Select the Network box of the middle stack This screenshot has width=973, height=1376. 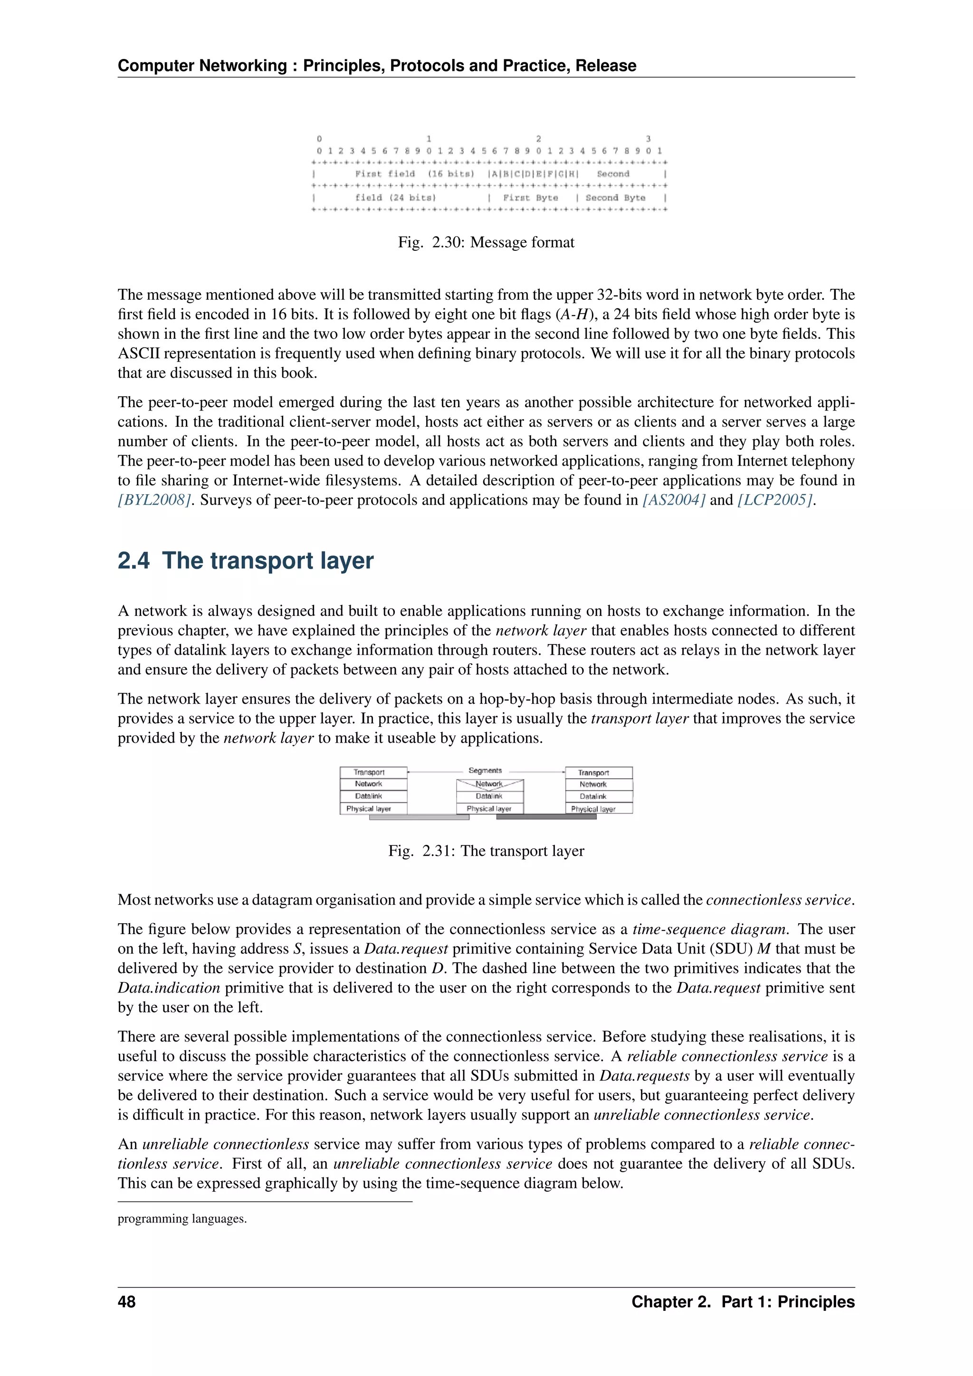click(489, 784)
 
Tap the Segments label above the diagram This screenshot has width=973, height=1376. click(485, 770)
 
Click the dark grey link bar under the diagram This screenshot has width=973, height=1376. click(546, 817)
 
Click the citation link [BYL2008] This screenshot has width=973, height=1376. click(154, 500)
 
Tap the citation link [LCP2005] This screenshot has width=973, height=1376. click(775, 500)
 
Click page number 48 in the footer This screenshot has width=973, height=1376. click(126, 1302)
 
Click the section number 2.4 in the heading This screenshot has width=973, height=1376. click(134, 560)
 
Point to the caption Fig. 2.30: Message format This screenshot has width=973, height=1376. click(486, 242)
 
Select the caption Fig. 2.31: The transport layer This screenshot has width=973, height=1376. click(486, 850)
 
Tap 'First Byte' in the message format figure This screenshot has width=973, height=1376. click(530, 198)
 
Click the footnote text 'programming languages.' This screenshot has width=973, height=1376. click(182, 1218)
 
